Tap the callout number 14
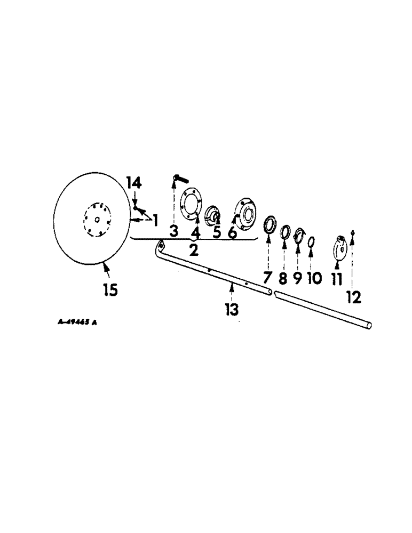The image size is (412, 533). pos(134,183)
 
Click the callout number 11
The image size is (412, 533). pos(336,279)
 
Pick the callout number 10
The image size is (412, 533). pos(314,278)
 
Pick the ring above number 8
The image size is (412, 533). pos(286,230)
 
